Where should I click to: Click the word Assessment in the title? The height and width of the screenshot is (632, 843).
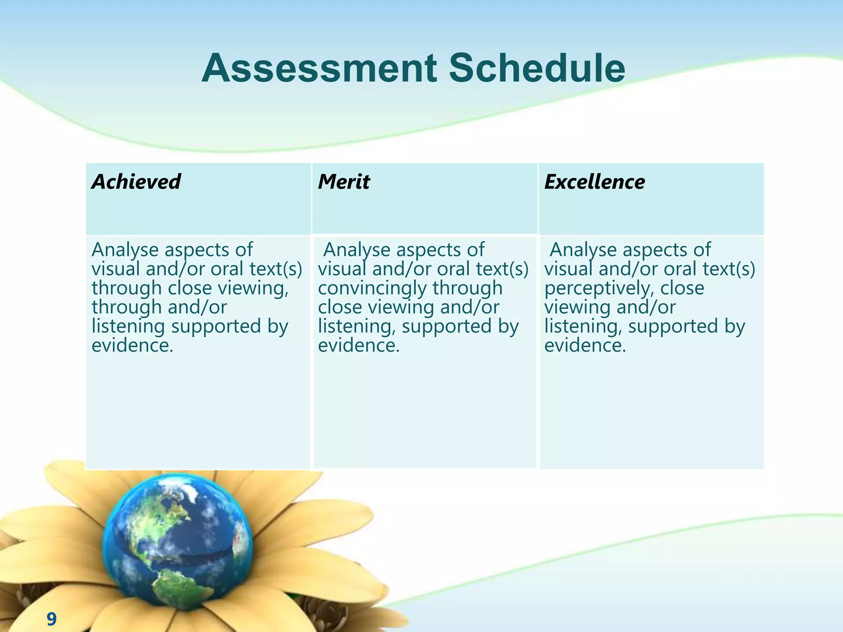(319, 68)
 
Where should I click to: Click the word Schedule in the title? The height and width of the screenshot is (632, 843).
(537, 68)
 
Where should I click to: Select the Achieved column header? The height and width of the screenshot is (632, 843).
(136, 182)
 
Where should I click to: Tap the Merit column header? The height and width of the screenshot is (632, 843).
(344, 182)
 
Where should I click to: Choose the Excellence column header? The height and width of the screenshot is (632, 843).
(594, 182)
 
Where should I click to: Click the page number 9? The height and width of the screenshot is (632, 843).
(51, 619)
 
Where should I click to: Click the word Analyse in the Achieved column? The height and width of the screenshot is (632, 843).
(125, 250)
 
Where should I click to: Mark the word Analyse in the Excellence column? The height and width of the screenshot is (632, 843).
(583, 250)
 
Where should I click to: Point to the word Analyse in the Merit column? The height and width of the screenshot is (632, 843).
(356, 250)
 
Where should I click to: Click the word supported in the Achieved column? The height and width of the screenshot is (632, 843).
(216, 327)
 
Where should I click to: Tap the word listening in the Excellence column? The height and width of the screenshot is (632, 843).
(583, 327)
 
